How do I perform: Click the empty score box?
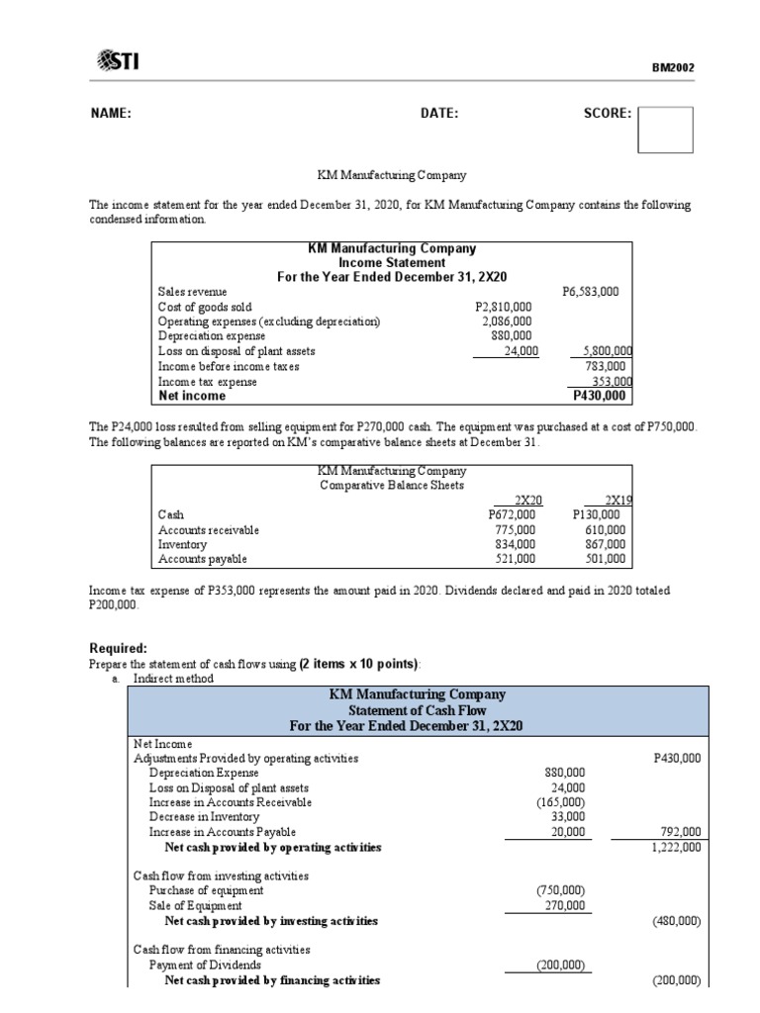pyautogui.click(x=665, y=130)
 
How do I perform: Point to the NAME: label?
pyautogui.click(x=110, y=114)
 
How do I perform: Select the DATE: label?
pyautogui.click(x=439, y=114)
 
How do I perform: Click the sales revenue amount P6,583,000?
pyautogui.click(x=590, y=292)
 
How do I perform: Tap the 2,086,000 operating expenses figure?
pyautogui.click(x=507, y=322)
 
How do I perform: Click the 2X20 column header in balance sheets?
pyautogui.click(x=529, y=500)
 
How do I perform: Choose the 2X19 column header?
pyautogui.click(x=617, y=500)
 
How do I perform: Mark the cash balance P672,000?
pyautogui.click(x=513, y=514)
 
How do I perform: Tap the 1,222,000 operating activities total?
pyautogui.click(x=678, y=848)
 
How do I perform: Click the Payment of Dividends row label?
pyautogui.click(x=205, y=965)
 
